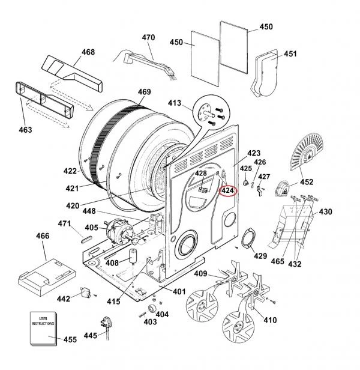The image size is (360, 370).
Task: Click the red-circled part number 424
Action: coord(228,192)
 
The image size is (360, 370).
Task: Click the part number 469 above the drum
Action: coord(144,92)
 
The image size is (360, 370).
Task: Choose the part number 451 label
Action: coord(290,54)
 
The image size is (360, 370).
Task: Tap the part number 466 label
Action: coord(43,237)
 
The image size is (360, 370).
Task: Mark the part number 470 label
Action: coord(148,38)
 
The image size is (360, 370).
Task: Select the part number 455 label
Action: coord(70,339)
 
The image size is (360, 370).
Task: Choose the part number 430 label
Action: coord(325,211)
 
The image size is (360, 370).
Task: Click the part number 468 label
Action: coord(88,52)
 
